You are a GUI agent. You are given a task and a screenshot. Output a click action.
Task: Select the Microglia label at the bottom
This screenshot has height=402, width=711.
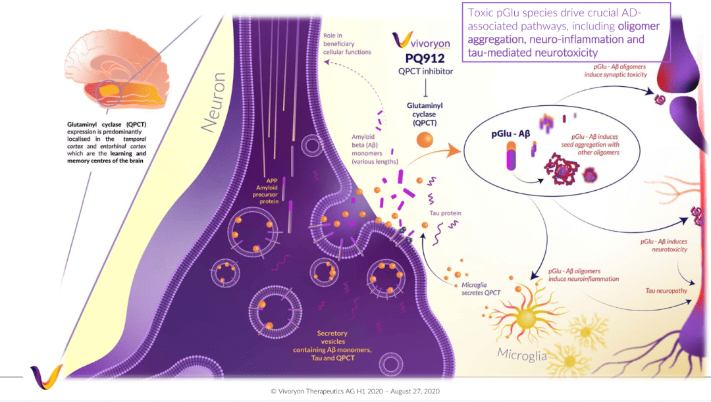point(522,355)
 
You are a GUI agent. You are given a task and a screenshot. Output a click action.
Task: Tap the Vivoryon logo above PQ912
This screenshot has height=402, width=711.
point(421,41)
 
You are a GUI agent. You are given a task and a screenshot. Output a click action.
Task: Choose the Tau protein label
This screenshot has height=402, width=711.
point(445,213)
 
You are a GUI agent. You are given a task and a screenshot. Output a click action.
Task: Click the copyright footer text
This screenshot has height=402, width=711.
point(355,391)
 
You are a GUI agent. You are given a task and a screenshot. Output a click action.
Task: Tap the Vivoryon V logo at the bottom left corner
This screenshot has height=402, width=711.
point(46,376)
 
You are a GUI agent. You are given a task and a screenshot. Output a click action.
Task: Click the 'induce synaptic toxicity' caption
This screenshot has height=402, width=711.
point(616,74)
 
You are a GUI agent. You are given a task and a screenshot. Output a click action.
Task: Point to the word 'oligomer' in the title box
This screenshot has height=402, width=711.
point(639,27)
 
